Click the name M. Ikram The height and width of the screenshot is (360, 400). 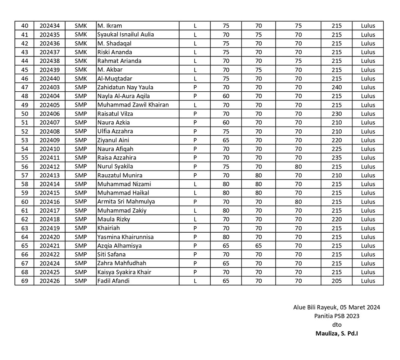pos(110,26)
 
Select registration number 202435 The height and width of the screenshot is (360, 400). pos(50,34)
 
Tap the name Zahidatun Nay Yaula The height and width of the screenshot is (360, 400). pos(125,87)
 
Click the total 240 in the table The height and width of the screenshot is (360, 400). pos(336,87)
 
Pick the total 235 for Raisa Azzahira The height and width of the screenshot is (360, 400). pos(336,158)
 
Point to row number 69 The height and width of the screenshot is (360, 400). pos(24,281)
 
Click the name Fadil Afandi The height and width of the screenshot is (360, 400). pos(113,281)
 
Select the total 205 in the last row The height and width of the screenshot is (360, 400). pos(336,281)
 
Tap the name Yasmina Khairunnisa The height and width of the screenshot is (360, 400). pos(125,237)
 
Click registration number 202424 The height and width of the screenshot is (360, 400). pos(50,263)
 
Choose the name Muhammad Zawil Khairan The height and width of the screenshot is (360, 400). pos(133,105)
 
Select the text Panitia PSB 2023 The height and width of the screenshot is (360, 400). pos(336,316)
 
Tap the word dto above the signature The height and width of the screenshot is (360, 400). pos(337,325)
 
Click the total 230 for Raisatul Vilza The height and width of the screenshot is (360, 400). pos(336,114)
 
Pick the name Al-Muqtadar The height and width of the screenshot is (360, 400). pos(114,78)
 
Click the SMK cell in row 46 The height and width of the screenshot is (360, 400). pos(80,78)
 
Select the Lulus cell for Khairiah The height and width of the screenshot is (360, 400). pos(368,228)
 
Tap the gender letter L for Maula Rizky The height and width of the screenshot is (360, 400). pos(195,219)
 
